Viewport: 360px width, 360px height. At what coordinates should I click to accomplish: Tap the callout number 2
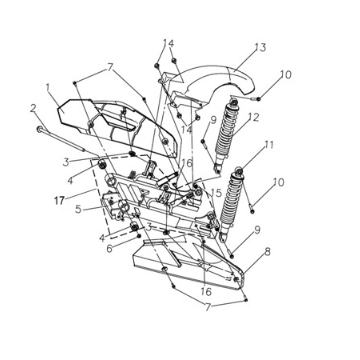pos(32,108)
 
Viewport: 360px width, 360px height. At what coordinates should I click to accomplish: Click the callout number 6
pos(110,249)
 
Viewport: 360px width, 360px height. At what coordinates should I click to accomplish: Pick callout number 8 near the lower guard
pos(265,256)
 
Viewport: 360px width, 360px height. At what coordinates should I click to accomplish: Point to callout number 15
pos(217,191)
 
